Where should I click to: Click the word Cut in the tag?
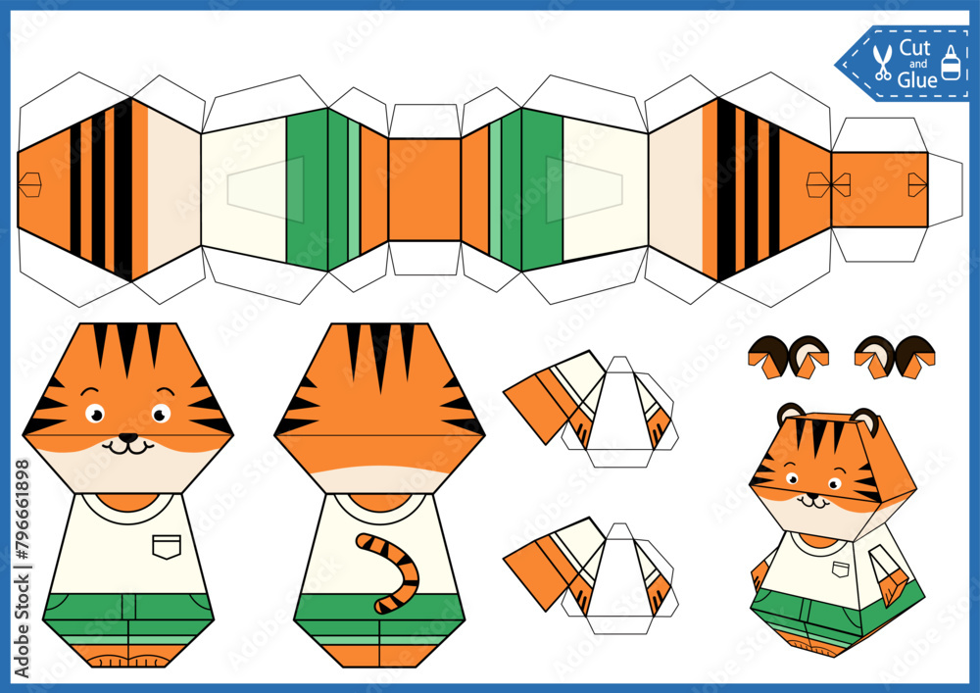(915, 48)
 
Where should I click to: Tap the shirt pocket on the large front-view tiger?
(166, 545)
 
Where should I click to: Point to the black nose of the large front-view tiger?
(127, 438)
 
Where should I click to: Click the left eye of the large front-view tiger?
(95, 414)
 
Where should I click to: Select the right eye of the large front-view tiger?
(161, 414)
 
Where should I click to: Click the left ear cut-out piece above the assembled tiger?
(788, 357)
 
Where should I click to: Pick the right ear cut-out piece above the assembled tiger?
(894, 357)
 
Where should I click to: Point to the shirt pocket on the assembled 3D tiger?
(839, 569)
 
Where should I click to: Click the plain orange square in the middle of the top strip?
(424, 189)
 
